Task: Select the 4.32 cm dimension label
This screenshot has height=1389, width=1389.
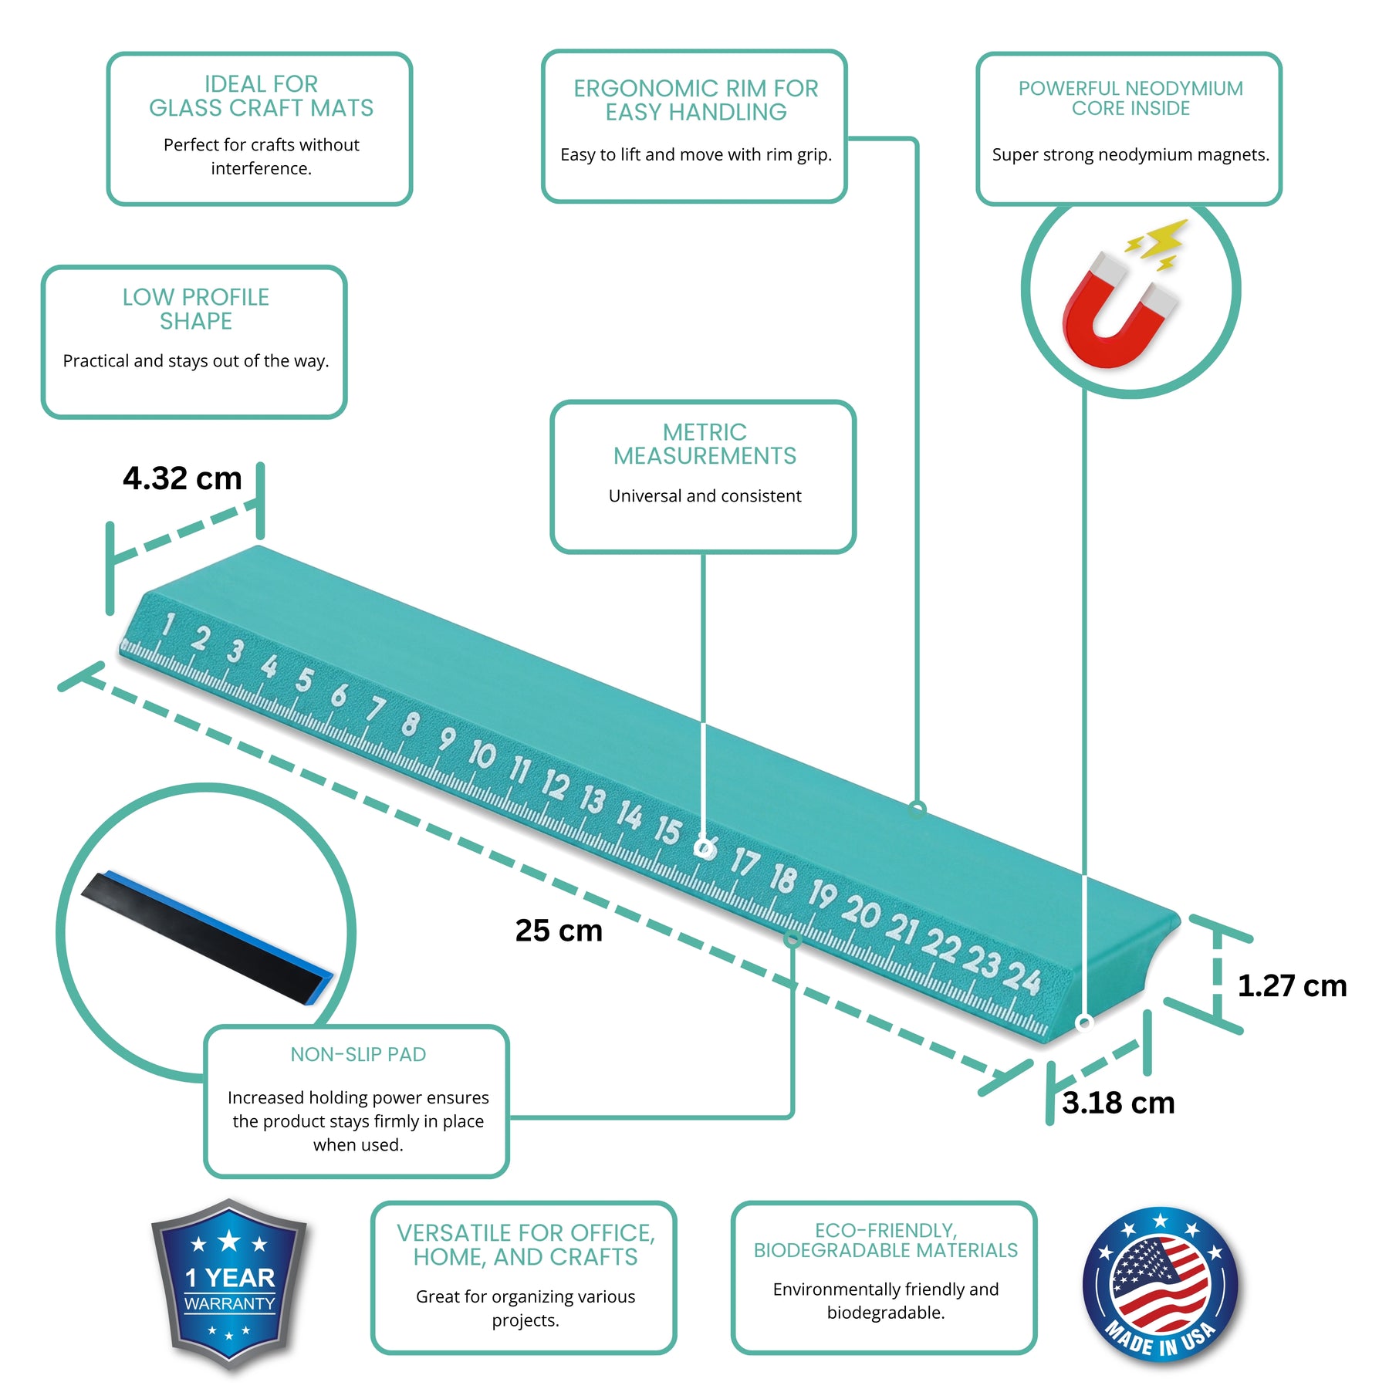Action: click(182, 478)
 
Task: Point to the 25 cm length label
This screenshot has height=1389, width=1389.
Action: click(559, 931)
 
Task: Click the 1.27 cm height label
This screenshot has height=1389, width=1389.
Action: click(1293, 986)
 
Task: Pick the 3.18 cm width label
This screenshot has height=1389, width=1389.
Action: click(1118, 1103)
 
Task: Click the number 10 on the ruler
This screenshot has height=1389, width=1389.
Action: click(482, 754)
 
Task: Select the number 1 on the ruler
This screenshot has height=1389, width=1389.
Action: click(167, 624)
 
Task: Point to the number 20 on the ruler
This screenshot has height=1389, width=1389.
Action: click(860, 911)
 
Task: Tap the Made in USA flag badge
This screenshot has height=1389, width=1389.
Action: click(1160, 1286)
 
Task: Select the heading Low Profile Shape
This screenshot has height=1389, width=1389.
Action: click(196, 309)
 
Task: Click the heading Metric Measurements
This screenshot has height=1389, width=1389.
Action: click(705, 444)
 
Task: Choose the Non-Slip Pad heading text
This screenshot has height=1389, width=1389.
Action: click(358, 1054)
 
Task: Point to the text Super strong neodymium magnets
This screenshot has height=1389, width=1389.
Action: click(1130, 154)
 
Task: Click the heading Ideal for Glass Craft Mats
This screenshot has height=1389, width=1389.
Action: click(261, 96)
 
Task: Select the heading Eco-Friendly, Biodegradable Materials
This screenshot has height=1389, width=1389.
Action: click(886, 1240)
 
